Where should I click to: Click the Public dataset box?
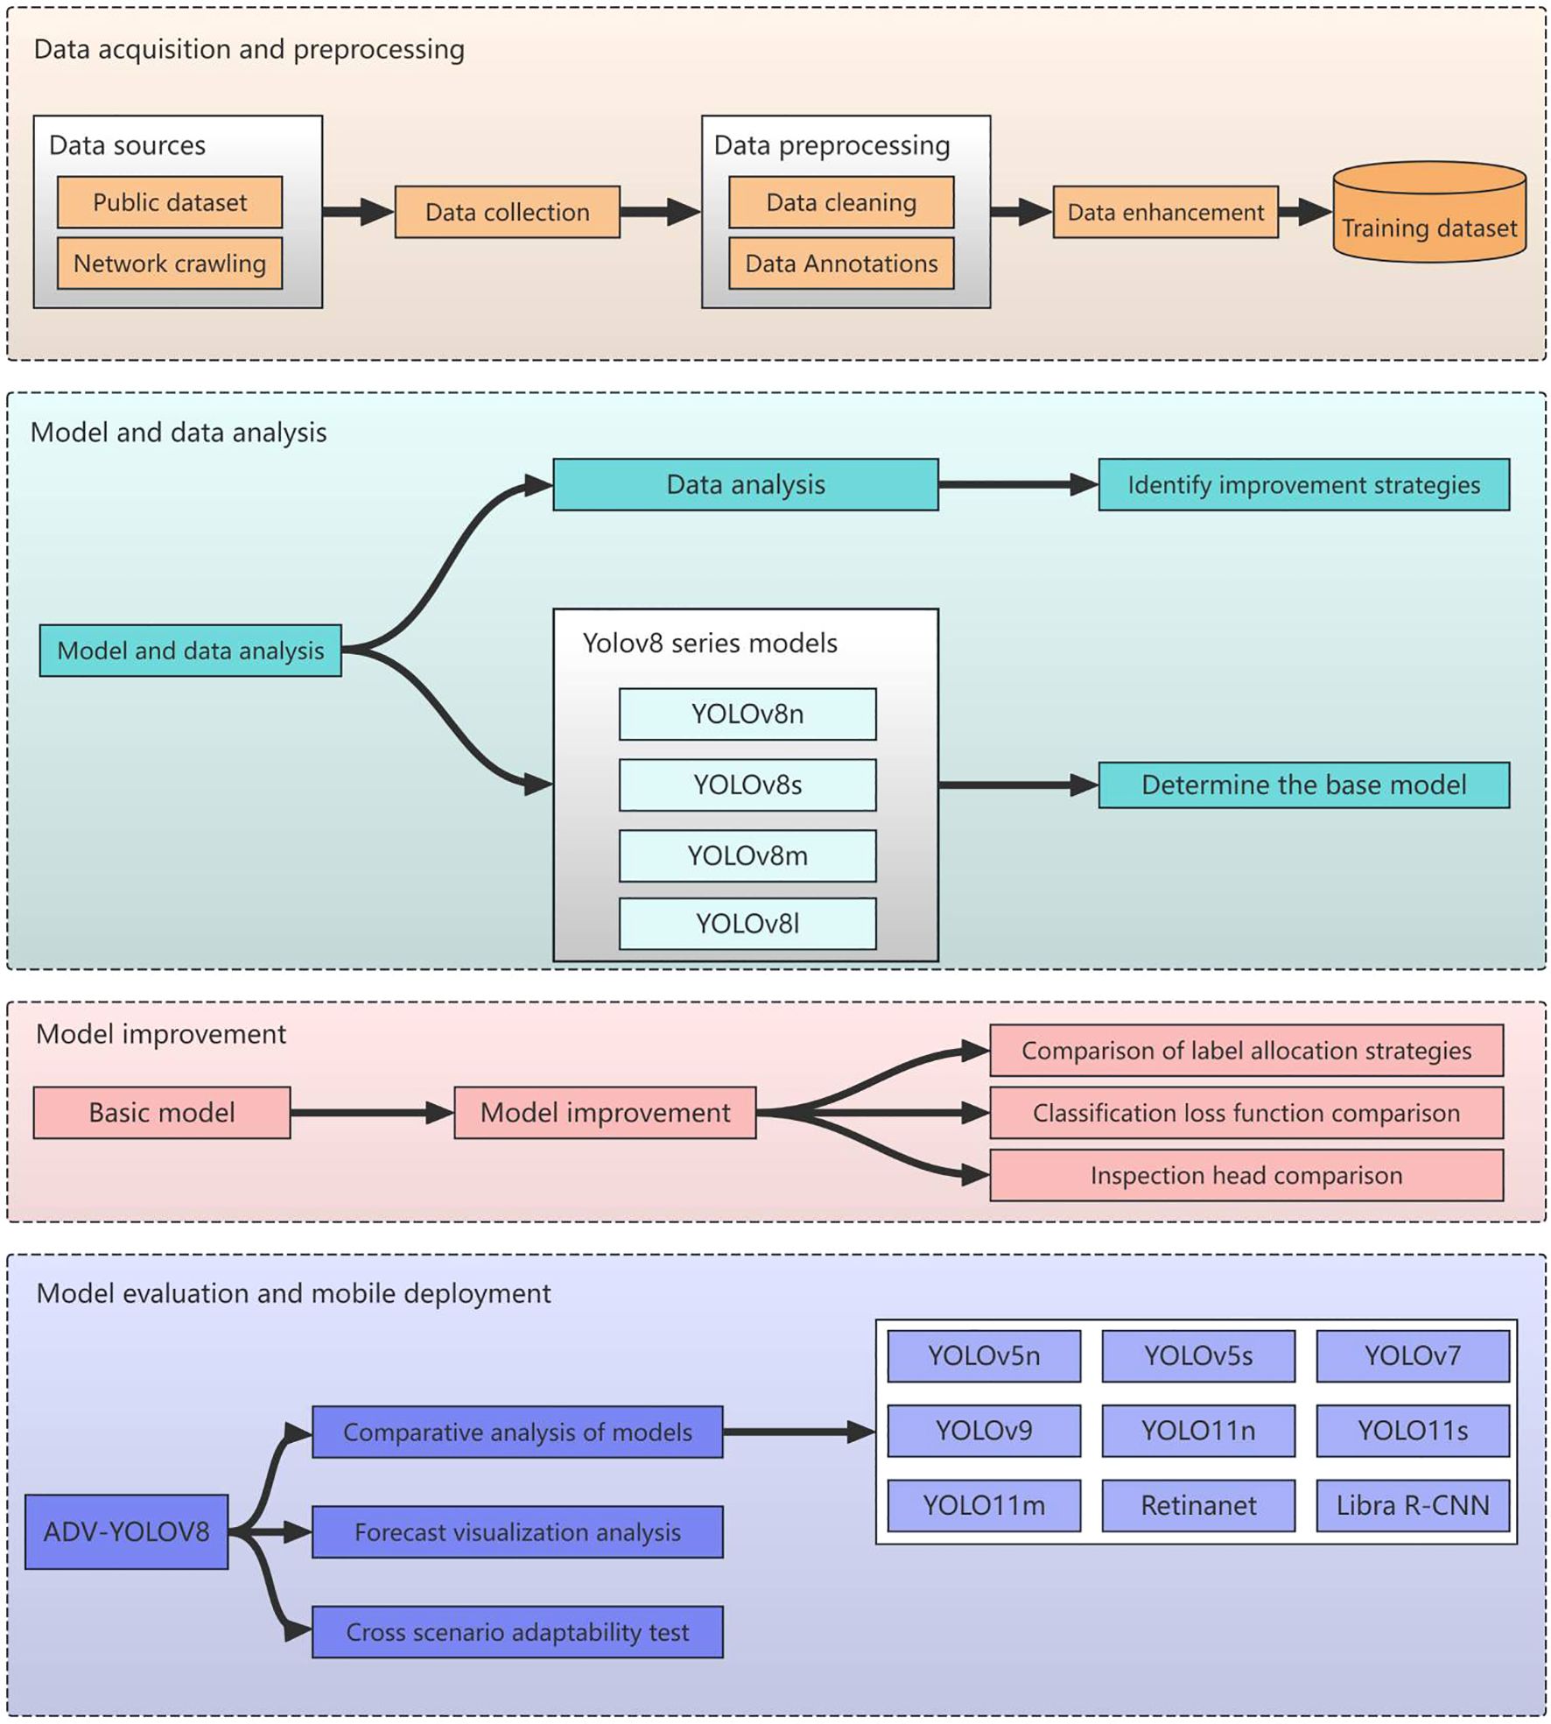point(170,202)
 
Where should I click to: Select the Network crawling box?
point(170,263)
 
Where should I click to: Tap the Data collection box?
point(507,212)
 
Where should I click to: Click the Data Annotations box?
point(841,263)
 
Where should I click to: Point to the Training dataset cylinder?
point(1428,219)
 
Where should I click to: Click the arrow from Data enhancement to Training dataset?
point(1305,212)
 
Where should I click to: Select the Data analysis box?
point(745,484)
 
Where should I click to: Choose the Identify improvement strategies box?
point(1303,484)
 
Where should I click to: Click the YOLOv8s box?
point(747,785)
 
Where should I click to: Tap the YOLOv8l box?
point(747,924)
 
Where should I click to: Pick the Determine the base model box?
point(1303,785)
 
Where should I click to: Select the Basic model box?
point(162,1112)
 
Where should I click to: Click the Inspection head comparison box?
point(1246,1175)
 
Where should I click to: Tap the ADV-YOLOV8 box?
point(127,1531)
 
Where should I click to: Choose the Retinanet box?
point(1197,1505)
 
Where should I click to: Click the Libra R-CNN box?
point(1412,1505)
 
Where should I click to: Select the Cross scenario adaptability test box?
point(517,1632)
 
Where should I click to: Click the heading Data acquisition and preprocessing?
point(249,50)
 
